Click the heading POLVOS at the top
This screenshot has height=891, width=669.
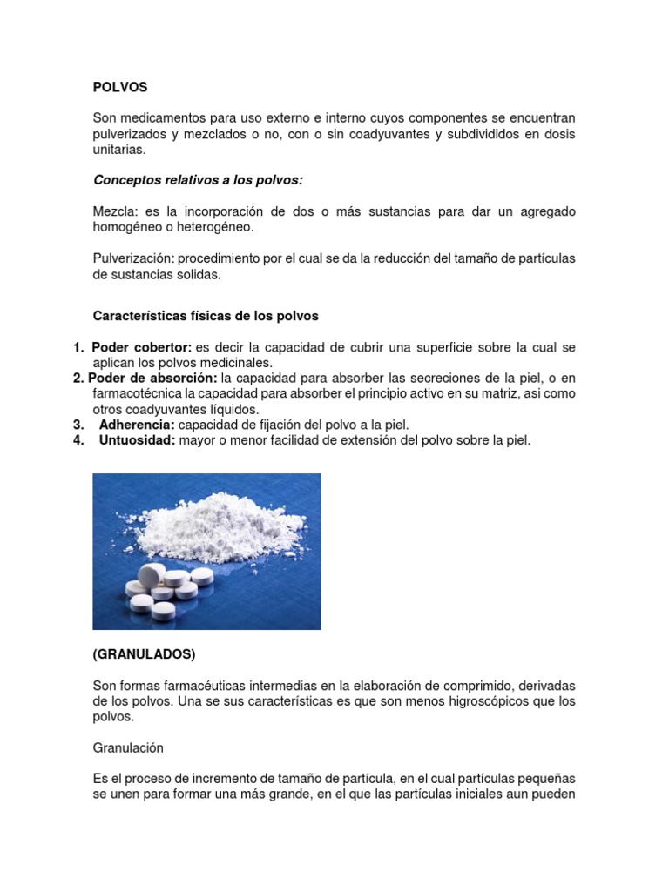[120, 87]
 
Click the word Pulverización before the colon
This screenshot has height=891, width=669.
[132, 258]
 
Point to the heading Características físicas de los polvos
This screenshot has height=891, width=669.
[206, 315]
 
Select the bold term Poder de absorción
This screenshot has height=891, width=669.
[152, 379]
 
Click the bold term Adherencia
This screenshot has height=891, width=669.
[138, 425]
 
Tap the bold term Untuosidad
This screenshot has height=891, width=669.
[138, 440]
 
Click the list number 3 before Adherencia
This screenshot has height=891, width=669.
[78, 425]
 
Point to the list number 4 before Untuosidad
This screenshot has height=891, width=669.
[78, 440]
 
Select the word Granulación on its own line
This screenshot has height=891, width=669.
[128, 747]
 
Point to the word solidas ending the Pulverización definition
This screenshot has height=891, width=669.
[199, 274]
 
